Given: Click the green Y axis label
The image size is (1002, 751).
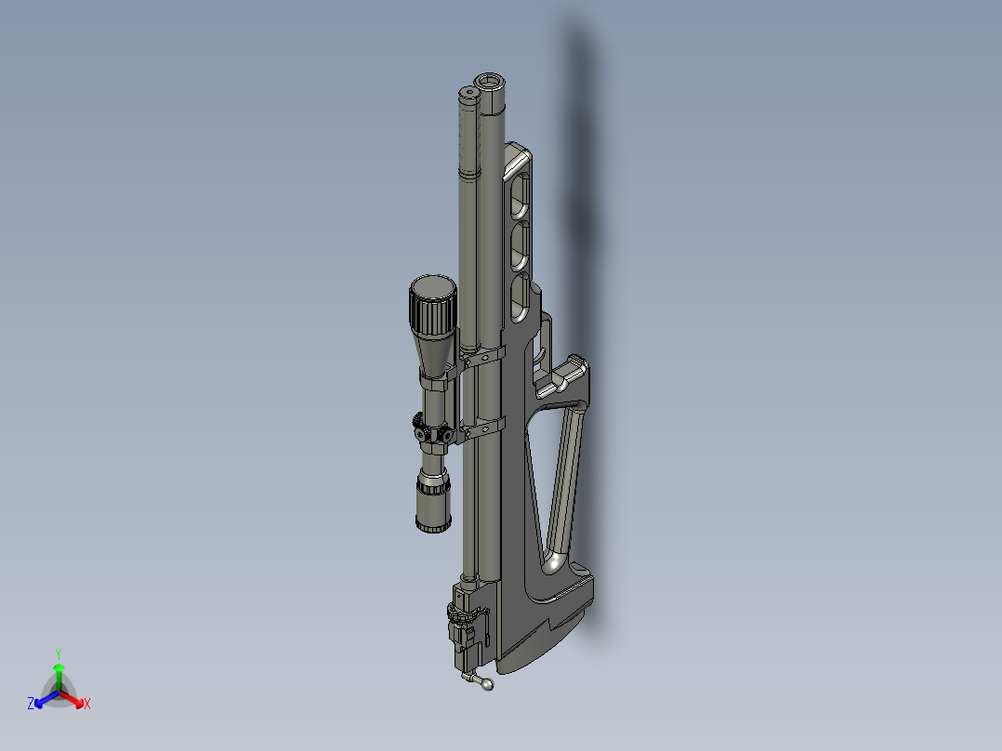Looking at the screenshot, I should (x=58, y=652).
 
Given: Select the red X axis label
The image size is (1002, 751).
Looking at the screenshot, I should (x=86, y=705).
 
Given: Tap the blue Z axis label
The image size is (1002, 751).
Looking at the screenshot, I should (x=31, y=705).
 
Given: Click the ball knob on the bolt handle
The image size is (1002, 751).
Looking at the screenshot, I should (x=488, y=686).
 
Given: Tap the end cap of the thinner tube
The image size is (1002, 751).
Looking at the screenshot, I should (x=466, y=93).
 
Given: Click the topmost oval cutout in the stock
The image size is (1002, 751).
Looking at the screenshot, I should (x=519, y=195).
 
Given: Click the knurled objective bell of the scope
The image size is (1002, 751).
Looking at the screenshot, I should (x=432, y=307).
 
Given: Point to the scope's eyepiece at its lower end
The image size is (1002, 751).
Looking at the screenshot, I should (x=433, y=507).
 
